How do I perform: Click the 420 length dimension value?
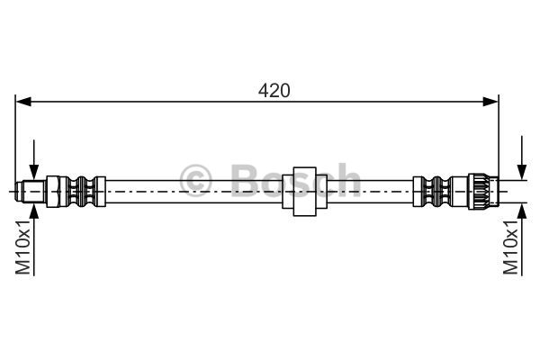(274, 91)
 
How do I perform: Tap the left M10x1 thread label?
(23, 247)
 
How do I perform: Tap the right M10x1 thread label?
(510, 247)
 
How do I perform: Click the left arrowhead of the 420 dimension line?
(23, 102)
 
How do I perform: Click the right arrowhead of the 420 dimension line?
(490, 102)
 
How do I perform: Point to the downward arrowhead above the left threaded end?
(34, 172)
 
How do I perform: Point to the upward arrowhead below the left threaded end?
(34, 211)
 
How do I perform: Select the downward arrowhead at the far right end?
(522, 172)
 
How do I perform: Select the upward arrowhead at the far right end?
(522, 211)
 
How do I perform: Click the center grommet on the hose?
(304, 192)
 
